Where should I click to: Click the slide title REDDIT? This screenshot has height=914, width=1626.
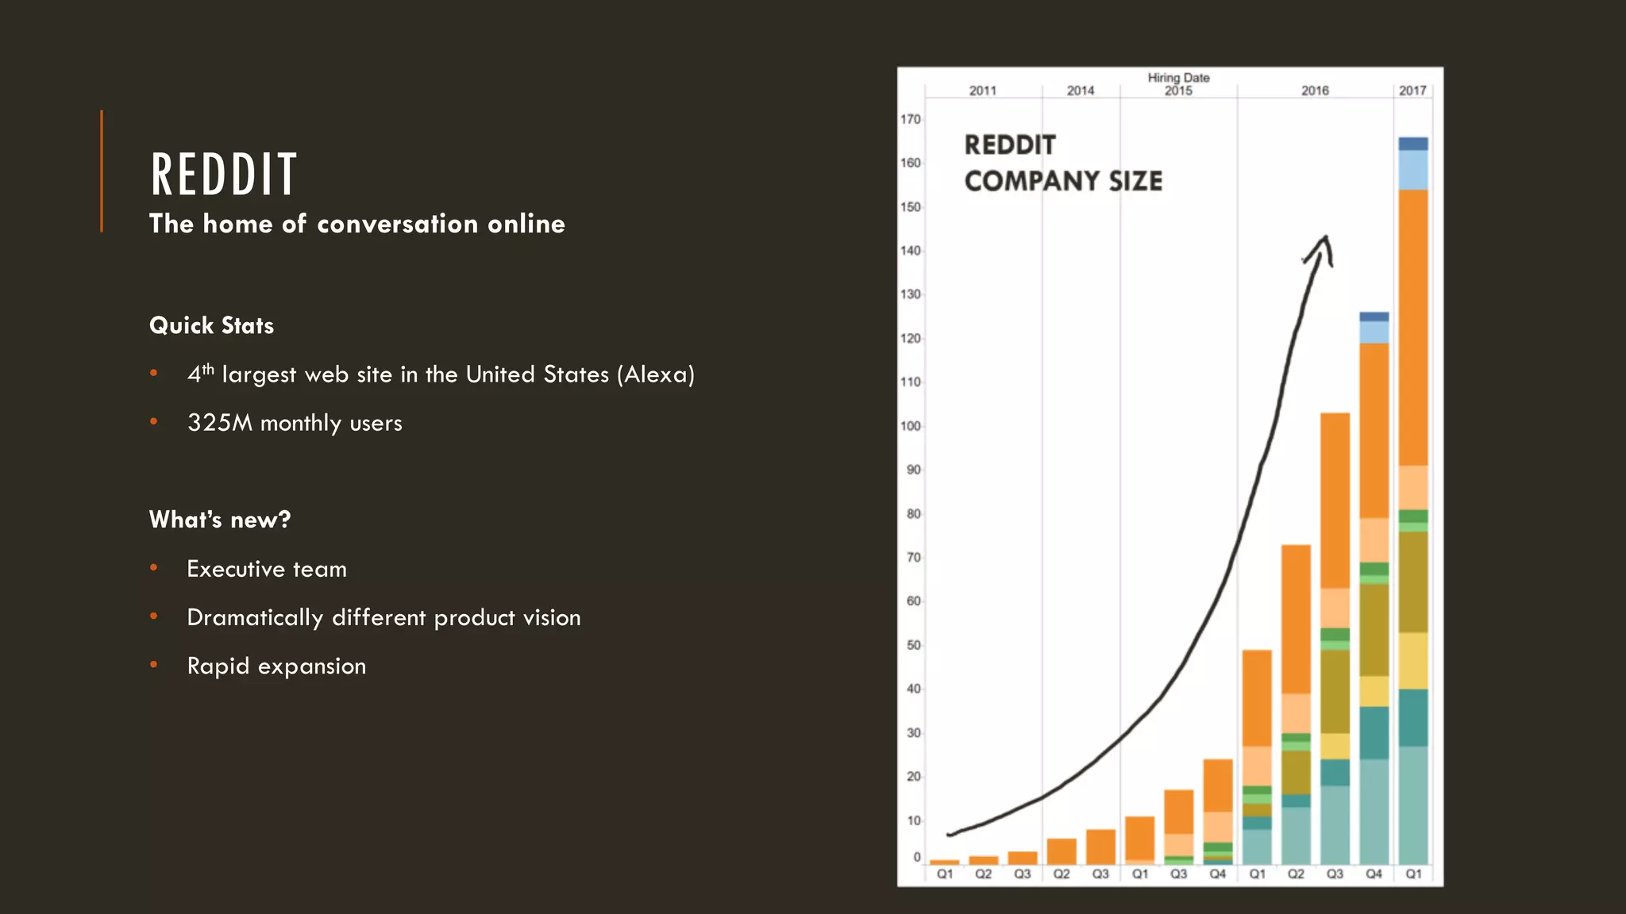pyautogui.click(x=224, y=175)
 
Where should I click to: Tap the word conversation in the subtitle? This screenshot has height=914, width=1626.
pyautogui.click(x=397, y=224)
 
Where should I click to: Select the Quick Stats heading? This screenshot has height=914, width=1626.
pyautogui.click(x=211, y=325)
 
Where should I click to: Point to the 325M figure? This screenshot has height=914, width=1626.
pyautogui.click(x=220, y=423)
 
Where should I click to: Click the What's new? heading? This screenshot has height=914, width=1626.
pyautogui.click(x=220, y=520)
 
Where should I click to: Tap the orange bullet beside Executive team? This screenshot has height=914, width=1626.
pyautogui.click(x=154, y=568)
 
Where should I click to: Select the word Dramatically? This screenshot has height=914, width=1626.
pyautogui.click(x=255, y=617)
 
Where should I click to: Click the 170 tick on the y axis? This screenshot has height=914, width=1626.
pyautogui.click(x=910, y=119)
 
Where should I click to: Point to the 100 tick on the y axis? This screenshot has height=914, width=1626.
pyautogui.click(x=910, y=426)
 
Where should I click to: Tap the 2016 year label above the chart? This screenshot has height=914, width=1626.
pyautogui.click(x=1315, y=90)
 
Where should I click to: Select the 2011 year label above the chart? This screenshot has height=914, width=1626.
pyautogui.click(x=983, y=90)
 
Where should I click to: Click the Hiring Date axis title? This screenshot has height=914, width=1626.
pyautogui.click(x=1178, y=78)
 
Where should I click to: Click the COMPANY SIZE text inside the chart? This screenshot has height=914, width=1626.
pyautogui.click(x=1063, y=181)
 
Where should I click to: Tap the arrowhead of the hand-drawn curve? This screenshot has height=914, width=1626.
pyautogui.click(x=1324, y=242)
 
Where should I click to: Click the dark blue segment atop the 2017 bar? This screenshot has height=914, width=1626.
pyautogui.click(x=1413, y=144)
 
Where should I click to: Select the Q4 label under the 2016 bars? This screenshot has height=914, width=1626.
pyautogui.click(x=1374, y=874)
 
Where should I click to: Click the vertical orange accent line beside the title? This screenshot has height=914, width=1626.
pyautogui.click(x=102, y=171)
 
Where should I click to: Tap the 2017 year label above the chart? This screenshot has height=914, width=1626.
pyautogui.click(x=1412, y=90)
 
